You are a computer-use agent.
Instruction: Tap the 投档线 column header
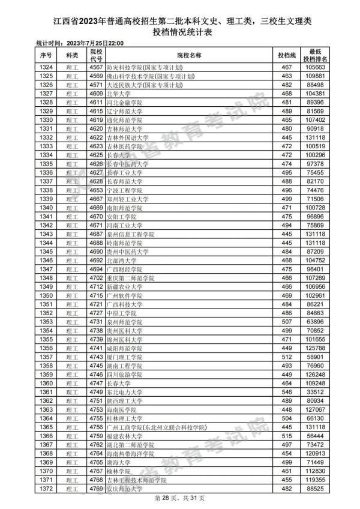(286, 55)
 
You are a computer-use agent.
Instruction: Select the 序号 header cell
(46, 55)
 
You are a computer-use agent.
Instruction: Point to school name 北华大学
(116, 94)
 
